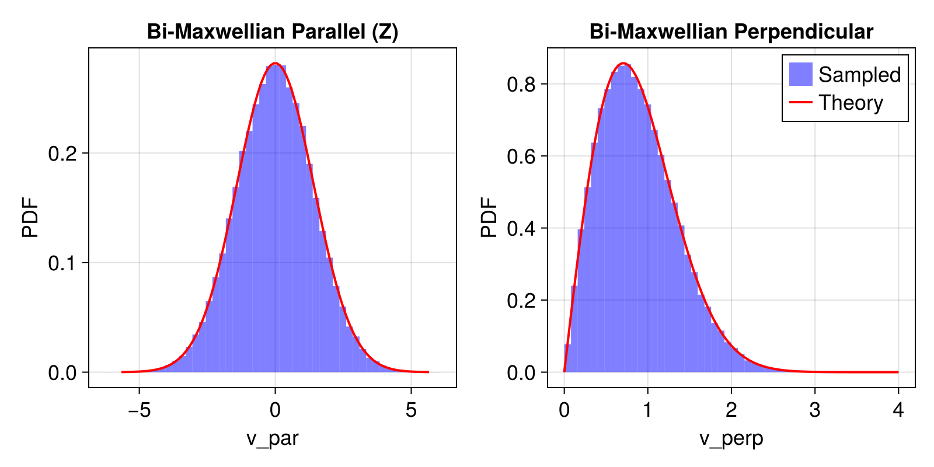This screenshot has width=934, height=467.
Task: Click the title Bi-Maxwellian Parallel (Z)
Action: click(273, 32)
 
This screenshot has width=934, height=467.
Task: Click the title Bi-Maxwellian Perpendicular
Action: click(731, 32)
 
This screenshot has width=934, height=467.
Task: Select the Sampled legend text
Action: click(859, 75)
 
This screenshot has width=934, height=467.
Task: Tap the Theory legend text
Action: click(851, 103)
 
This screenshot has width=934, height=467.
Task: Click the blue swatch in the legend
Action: click(800, 74)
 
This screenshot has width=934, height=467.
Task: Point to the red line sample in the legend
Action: click(800, 103)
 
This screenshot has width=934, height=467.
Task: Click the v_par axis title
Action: click(273, 438)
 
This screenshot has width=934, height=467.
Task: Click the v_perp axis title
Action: click(731, 438)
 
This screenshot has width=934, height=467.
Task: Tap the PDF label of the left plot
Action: click(30, 218)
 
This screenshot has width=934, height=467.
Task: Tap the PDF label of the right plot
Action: click(489, 218)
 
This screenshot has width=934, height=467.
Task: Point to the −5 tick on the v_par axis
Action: click(139, 410)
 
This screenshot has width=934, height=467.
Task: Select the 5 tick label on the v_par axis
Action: click(411, 410)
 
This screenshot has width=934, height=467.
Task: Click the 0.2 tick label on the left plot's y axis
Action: click(62, 154)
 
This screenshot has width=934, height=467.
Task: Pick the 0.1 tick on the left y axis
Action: click(62, 263)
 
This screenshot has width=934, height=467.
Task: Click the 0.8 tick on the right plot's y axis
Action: click(521, 84)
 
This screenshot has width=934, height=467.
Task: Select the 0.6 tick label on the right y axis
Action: click(521, 156)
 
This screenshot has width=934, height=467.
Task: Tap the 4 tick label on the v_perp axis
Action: click(898, 410)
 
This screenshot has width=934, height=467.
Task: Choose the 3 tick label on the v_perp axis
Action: click(814, 410)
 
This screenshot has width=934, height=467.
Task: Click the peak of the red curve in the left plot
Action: click(276, 64)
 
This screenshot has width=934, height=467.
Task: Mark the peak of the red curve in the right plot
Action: click(623, 63)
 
